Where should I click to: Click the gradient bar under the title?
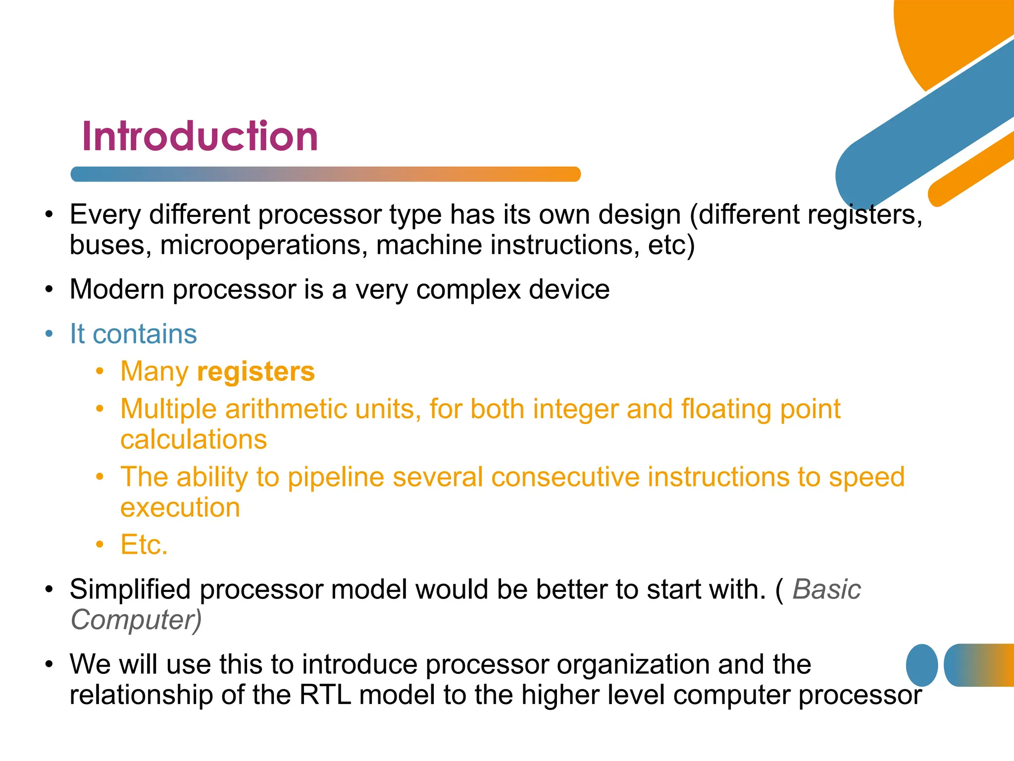click(325, 174)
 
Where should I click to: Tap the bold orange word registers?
click(255, 372)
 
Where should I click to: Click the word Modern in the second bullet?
click(117, 289)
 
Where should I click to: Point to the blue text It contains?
click(133, 334)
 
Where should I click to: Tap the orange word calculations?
click(194, 440)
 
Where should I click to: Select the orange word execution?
click(180, 508)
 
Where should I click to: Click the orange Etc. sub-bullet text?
click(144, 545)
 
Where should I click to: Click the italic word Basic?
click(826, 590)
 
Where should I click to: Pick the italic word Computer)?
click(136, 620)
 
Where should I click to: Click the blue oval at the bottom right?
click(921, 665)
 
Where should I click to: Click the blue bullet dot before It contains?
click(49, 334)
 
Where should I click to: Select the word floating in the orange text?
click(726, 410)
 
